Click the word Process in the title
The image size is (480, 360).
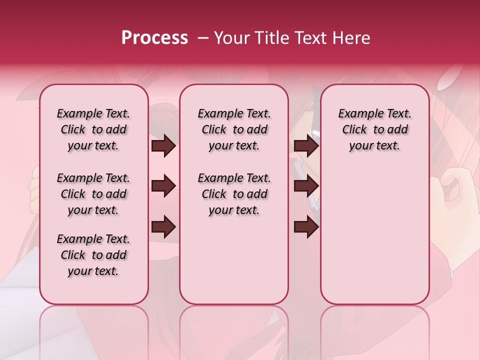point(154,38)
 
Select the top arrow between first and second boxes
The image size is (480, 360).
point(163,146)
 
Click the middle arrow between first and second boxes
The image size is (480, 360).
point(163,186)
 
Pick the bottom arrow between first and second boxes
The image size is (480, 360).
point(163,227)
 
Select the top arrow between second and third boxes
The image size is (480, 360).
point(306,146)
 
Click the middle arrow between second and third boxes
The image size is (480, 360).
point(306,186)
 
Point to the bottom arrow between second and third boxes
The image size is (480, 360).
point(306,227)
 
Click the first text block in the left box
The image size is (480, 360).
point(93,129)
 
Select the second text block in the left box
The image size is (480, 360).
point(93,194)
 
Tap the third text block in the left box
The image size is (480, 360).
point(93,255)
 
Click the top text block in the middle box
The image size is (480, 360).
point(234,129)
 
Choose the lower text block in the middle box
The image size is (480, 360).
point(234,194)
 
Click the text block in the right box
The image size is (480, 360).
point(375,129)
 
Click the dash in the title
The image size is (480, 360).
point(203,38)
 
